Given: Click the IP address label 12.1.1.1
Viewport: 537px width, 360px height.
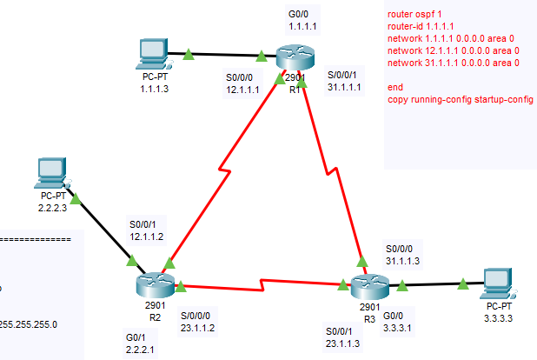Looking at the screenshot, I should pos(242,89).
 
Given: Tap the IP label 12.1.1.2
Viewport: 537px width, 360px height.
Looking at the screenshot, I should pos(146,236).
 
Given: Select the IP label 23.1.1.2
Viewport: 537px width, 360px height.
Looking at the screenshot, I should pos(198,328).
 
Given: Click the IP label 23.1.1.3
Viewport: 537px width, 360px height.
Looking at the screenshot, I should pos(342,343).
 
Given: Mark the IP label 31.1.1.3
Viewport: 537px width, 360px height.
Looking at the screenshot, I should pos(403,260).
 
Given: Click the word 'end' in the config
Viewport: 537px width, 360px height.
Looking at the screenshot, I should pos(395,88).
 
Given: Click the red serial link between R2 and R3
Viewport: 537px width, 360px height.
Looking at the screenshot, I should pos(261,285).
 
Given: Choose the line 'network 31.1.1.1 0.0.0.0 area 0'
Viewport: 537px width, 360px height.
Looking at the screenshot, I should pos(454,63).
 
